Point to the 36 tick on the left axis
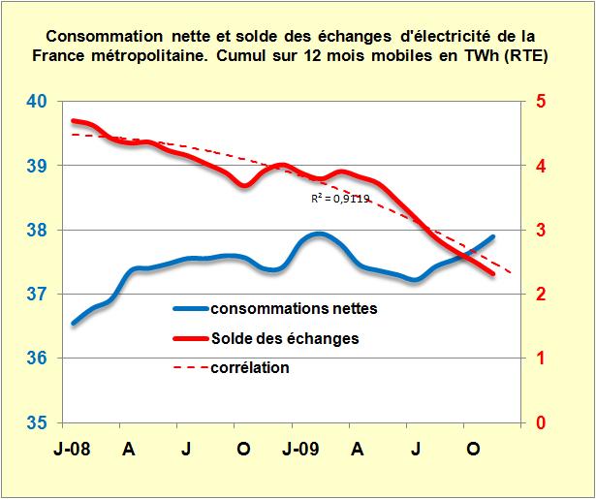[35, 359]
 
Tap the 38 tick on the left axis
[35, 231]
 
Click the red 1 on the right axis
[541, 359]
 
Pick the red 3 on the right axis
[541, 231]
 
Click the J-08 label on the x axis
[73, 450]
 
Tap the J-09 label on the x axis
[301, 450]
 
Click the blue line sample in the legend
[200, 309]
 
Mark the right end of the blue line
[493, 236]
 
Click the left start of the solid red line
[73, 121]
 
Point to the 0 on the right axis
[541, 423]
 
